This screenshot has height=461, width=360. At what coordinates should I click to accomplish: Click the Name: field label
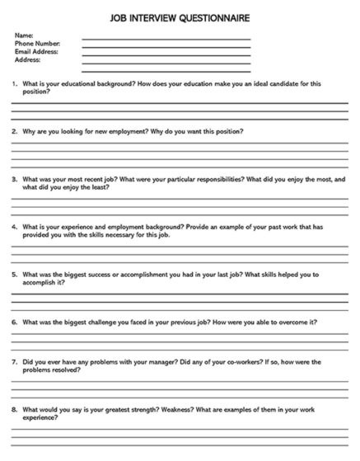(x=25, y=35)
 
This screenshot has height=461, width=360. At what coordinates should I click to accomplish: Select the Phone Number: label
(x=37, y=44)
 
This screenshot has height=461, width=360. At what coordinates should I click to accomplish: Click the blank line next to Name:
(x=166, y=39)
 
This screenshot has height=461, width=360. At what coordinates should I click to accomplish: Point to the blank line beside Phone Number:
(x=166, y=47)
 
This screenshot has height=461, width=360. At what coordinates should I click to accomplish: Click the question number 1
(x=14, y=83)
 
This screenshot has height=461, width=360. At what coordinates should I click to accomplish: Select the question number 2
(x=14, y=132)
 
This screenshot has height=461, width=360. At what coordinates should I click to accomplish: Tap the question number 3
(x=14, y=179)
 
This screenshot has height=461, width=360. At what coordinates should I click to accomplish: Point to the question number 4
(x=14, y=227)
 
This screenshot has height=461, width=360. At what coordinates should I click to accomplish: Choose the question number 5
(x=14, y=274)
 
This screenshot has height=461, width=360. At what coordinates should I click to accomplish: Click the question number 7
(x=14, y=362)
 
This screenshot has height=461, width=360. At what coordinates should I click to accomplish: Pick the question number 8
(x=14, y=410)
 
